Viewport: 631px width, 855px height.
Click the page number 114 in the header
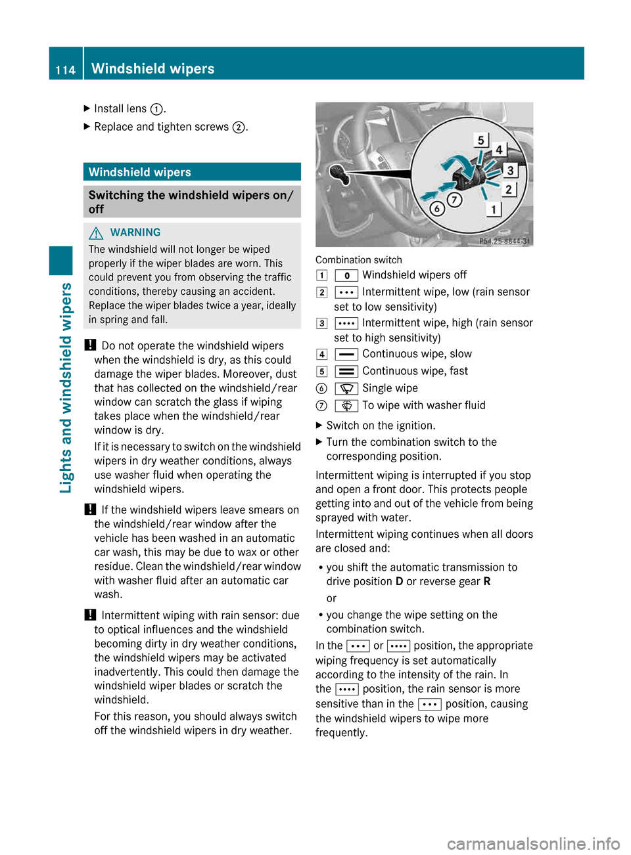click(x=66, y=70)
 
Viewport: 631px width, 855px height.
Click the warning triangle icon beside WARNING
click(x=97, y=232)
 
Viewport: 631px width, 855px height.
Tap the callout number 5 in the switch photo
click(x=481, y=140)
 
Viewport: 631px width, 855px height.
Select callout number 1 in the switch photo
click(x=494, y=209)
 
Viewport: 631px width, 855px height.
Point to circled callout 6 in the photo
click(x=437, y=209)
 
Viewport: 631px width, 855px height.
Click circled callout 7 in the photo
click(x=454, y=199)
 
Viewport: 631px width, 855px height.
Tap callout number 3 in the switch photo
click(x=510, y=171)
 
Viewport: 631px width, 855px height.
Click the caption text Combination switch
click(x=358, y=260)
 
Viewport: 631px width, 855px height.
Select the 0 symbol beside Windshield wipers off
click(x=346, y=276)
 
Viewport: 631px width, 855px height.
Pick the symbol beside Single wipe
click(x=346, y=389)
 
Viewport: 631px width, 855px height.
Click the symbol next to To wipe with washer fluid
click(x=346, y=406)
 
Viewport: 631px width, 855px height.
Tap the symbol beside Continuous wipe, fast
click(x=346, y=372)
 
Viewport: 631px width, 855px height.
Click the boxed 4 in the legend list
click(x=321, y=355)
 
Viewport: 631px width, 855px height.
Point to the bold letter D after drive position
click(x=399, y=582)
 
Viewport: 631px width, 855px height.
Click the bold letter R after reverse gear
click(x=487, y=582)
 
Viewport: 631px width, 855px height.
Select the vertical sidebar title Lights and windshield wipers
click(x=66, y=387)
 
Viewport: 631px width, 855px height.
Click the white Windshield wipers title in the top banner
click(x=152, y=69)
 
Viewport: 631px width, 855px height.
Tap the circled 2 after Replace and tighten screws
click(x=239, y=127)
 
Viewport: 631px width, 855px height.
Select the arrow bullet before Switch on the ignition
click(x=319, y=426)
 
